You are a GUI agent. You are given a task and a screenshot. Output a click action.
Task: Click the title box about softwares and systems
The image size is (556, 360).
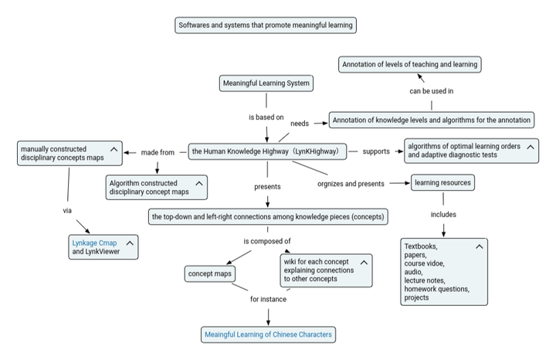point(266,25)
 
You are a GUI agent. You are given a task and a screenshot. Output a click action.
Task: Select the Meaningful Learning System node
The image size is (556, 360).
point(266,83)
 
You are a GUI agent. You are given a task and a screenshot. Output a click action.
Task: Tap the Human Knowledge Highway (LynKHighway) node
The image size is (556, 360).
point(267,151)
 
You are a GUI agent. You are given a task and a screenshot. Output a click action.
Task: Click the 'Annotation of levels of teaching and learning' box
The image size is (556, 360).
point(410,65)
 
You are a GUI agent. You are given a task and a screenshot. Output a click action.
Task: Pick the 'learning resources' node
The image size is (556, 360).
point(443,182)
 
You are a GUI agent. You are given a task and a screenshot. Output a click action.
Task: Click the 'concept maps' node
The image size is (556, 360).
point(210,273)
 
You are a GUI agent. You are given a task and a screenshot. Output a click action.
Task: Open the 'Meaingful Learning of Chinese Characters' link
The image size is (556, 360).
point(269,335)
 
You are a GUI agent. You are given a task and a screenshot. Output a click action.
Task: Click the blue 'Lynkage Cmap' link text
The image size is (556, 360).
point(94,243)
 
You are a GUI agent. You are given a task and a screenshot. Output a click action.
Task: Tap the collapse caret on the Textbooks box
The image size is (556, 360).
point(479,246)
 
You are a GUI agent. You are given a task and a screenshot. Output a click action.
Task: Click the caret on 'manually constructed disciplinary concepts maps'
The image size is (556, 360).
point(114,149)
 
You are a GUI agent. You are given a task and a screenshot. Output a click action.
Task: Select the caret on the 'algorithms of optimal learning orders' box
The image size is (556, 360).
point(531,147)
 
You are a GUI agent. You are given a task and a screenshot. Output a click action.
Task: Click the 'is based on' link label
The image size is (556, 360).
point(266,117)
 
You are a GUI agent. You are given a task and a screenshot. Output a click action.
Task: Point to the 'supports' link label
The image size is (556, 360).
point(376,151)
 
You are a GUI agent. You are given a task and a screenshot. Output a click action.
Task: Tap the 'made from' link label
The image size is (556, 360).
point(158,152)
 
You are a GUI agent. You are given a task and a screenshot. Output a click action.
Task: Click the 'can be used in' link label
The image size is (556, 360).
point(432,91)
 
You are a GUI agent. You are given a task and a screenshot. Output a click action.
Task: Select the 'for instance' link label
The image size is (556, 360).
point(268,299)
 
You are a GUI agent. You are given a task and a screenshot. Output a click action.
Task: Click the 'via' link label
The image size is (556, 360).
point(67,211)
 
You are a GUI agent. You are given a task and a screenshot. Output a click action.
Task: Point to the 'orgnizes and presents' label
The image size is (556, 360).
point(351,184)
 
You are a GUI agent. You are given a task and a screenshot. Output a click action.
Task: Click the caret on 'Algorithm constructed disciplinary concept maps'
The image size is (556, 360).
point(199,183)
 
